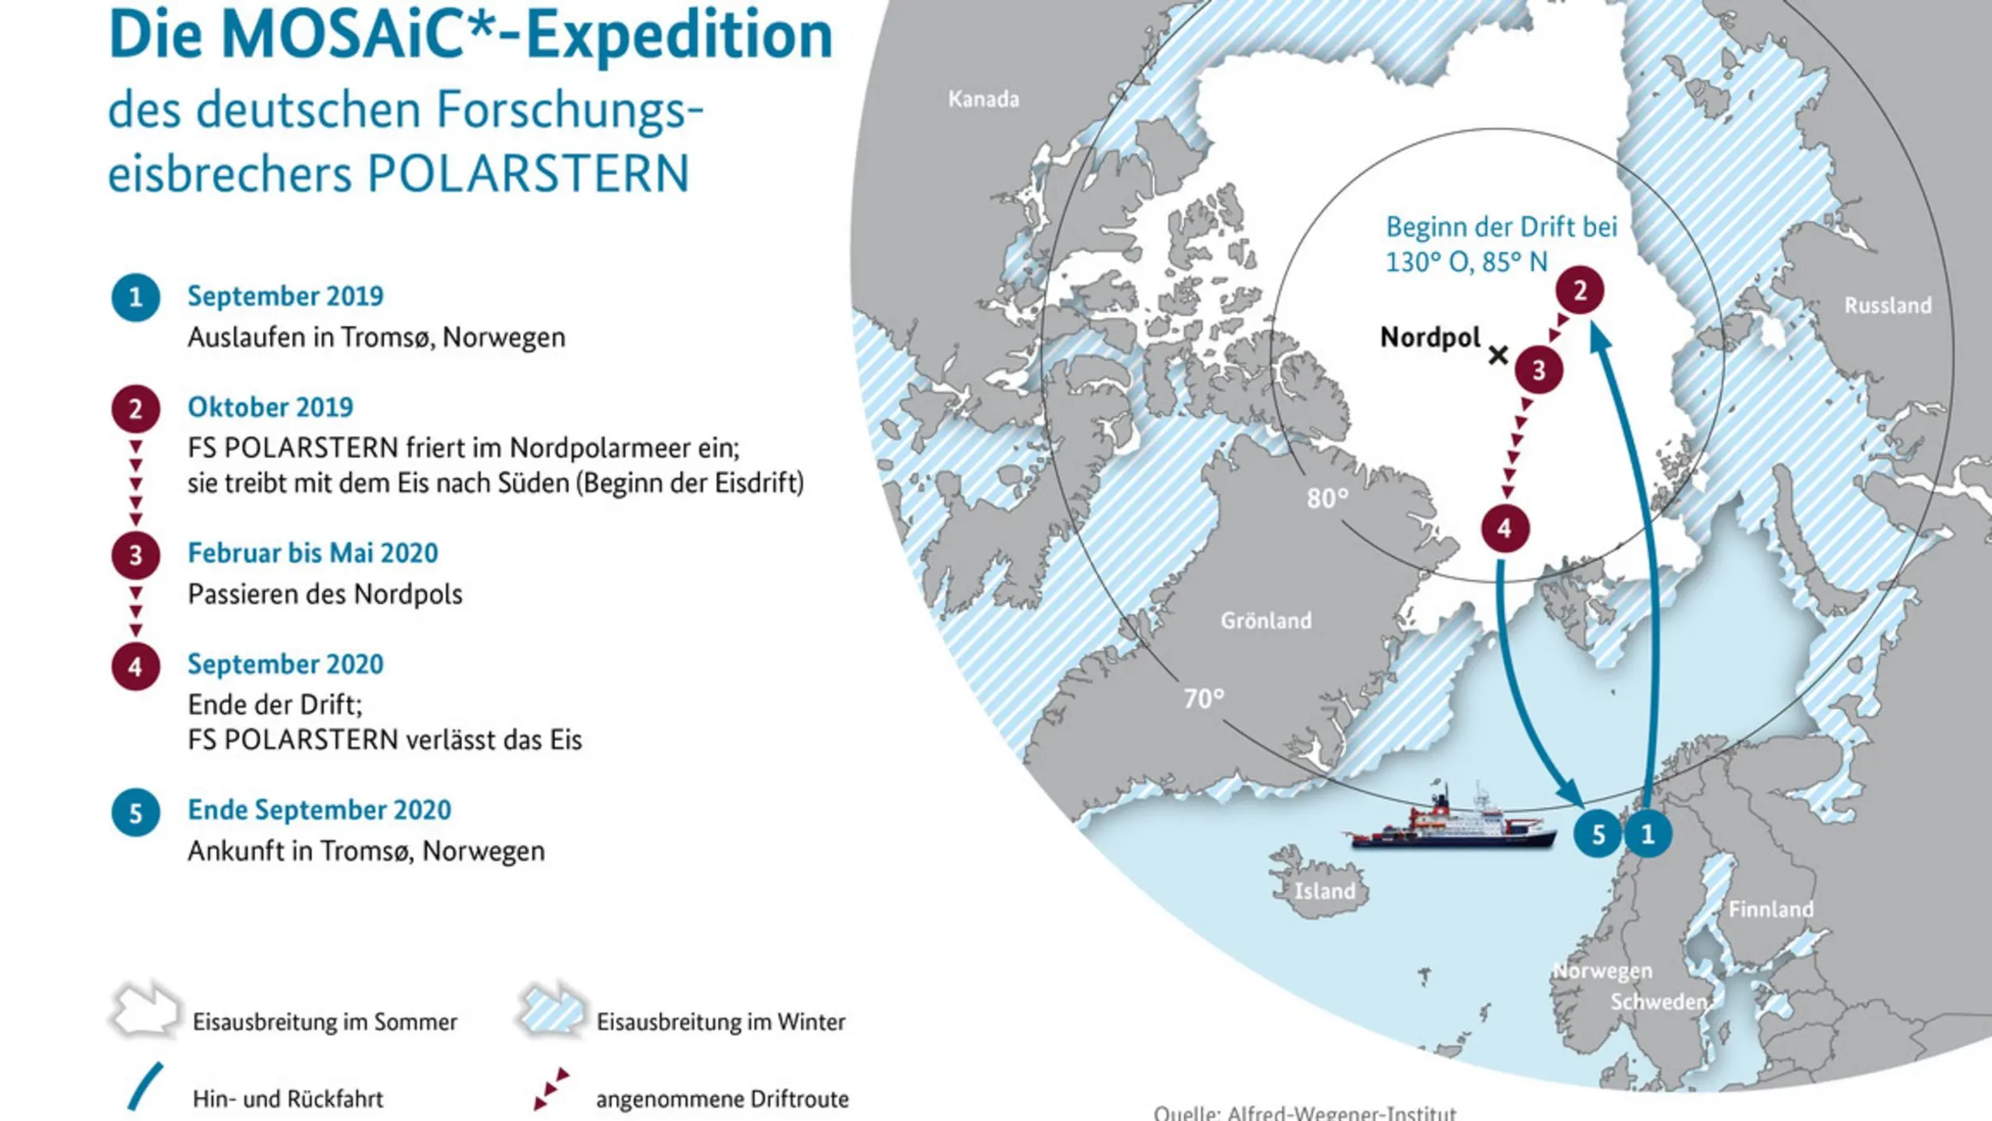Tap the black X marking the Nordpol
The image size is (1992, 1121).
pos(1498,355)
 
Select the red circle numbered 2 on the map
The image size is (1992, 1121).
pos(1579,291)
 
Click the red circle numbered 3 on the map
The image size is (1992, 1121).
pos(1539,370)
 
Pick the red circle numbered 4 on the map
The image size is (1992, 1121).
pos(1504,528)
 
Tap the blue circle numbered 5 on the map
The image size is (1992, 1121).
pos(1598,834)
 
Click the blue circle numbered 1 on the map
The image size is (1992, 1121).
pos(1648,834)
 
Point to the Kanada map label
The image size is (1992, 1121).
pos(983,99)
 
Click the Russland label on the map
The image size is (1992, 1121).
pos(1888,305)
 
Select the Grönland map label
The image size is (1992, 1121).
pos(1265,620)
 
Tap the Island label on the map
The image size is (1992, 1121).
pos(1324,890)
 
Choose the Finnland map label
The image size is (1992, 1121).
pos(1770,909)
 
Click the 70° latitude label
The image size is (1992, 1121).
pos(1204,699)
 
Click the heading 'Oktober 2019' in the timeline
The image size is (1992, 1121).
pos(270,407)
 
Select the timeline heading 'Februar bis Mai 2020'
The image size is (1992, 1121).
pos(312,553)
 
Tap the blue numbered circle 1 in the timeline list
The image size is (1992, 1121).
pos(135,297)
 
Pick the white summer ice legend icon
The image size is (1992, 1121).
pos(144,1012)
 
